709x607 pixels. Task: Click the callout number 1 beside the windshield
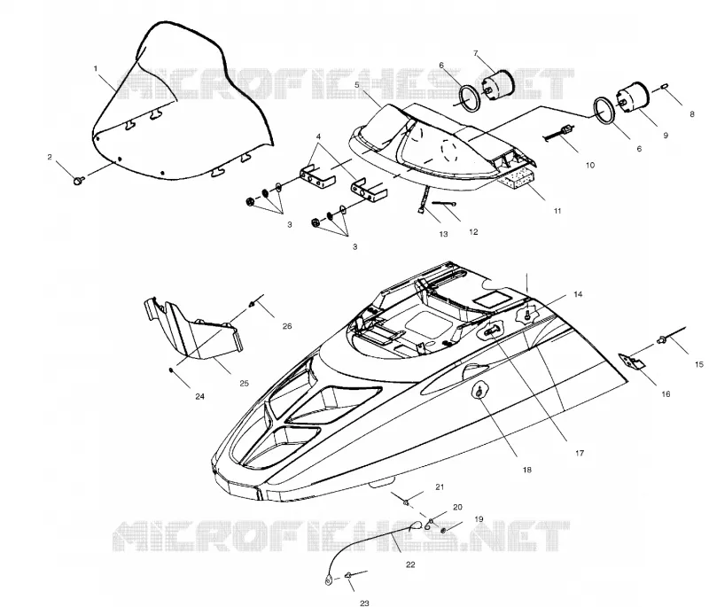coord(96,69)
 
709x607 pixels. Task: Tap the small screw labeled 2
coord(78,181)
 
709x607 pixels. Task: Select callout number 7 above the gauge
coord(476,53)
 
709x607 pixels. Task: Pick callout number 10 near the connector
coord(590,166)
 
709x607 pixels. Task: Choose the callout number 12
coord(473,232)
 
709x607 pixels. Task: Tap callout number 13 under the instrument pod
coord(443,234)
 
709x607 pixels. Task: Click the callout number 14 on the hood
coord(578,295)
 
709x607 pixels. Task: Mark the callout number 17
coord(580,453)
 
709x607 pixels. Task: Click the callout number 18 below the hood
coord(526,470)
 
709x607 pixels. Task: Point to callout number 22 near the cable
coord(410,564)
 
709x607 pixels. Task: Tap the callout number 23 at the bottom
coord(364,603)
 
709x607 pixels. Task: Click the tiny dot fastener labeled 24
coord(171,370)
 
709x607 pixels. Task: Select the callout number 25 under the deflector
coord(245,384)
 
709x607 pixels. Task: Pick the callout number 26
coord(287,326)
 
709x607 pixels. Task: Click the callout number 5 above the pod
coord(357,84)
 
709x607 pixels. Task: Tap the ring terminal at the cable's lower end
coord(328,578)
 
